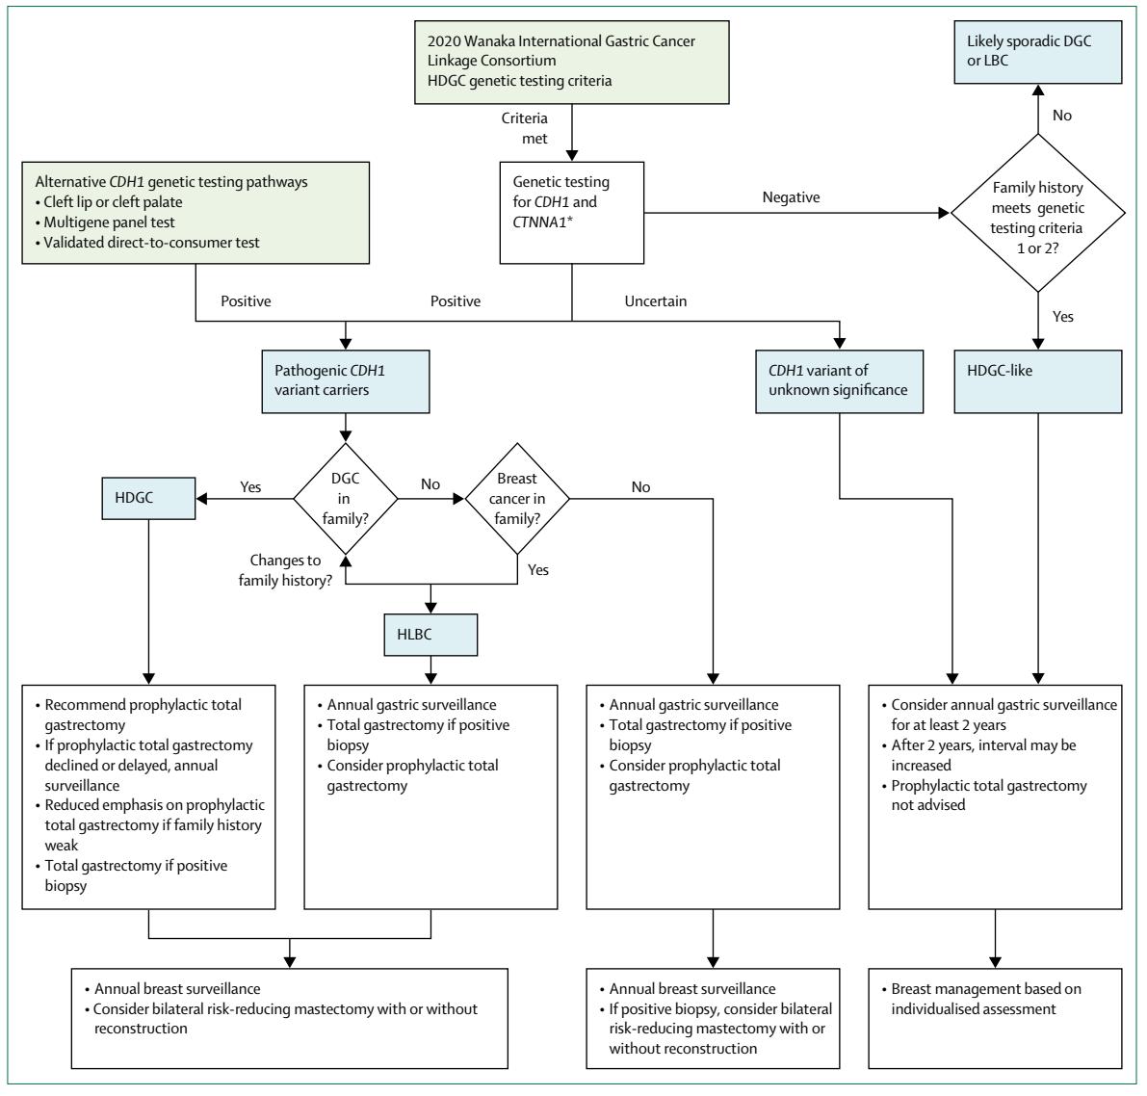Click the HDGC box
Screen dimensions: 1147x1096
[148, 498]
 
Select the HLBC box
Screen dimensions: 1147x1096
[430, 635]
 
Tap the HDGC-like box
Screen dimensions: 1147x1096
[1038, 381]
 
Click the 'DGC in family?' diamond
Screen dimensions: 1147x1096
[346, 498]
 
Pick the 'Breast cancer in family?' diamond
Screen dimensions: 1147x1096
[517, 498]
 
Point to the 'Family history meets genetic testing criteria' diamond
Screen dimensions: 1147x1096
[1038, 213]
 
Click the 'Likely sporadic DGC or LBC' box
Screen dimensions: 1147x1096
[1038, 52]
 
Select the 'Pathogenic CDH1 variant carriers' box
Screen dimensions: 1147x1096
[346, 381]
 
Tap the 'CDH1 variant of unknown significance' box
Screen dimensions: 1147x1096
[839, 381]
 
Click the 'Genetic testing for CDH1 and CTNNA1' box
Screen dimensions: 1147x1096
[571, 213]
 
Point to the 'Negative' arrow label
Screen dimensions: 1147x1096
[791, 196]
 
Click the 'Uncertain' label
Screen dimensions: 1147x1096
[656, 300]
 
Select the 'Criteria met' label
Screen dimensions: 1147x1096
[525, 128]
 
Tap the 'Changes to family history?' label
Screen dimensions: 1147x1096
[285, 570]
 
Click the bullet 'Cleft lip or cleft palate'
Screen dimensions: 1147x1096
[109, 202]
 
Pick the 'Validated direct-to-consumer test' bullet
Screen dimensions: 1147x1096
[147, 242]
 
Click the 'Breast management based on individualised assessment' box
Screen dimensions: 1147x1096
[995, 1018]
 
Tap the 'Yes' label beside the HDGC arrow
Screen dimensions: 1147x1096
[250, 486]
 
